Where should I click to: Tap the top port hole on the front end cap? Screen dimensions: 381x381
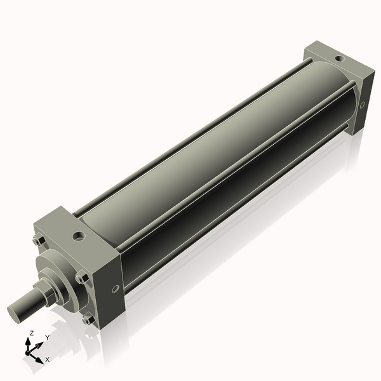[79, 236]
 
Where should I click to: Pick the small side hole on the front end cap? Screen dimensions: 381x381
[115, 290]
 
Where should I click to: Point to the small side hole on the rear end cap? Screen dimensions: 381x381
[362, 105]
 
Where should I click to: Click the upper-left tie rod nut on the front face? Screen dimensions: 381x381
[37, 241]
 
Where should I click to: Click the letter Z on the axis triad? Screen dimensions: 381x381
[32, 333]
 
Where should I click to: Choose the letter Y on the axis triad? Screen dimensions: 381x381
[47, 338]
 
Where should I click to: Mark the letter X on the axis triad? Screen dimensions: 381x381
[47, 360]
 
